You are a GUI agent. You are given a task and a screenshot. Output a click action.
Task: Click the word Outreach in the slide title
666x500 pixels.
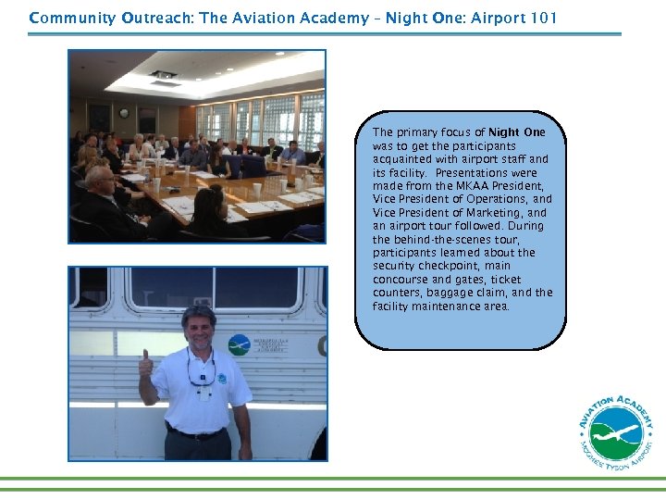click(154, 18)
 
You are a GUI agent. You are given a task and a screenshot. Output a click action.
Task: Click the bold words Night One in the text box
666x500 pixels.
click(517, 132)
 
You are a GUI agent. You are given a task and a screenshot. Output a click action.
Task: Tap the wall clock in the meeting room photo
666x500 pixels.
click(124, 114)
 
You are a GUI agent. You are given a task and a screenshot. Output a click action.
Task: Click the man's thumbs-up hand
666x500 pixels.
click(145, 366)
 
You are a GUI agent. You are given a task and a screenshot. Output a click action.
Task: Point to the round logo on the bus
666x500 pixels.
click(239, 344)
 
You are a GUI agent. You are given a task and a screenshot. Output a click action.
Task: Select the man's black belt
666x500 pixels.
click(196, 433)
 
